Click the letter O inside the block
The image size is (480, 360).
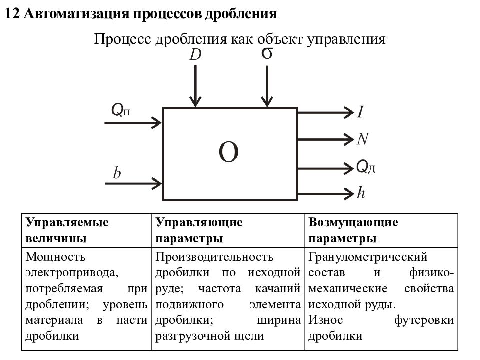coord(228,152)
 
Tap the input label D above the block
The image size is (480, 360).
coord(195,55)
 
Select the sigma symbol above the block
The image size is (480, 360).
coord(267,53)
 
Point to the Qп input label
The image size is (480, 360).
coord(120,109)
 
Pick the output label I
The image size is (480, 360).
coord(361,112)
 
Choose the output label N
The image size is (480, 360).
coord(363,139)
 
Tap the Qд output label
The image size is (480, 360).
coord(366,167)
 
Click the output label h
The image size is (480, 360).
coord(361,193)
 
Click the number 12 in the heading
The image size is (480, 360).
coord(12,14)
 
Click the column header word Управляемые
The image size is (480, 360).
coord(67,222)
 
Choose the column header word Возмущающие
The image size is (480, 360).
coord(353,222)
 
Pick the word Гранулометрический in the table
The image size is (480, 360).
coord(368,257)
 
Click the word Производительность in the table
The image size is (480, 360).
coord(214,257)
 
